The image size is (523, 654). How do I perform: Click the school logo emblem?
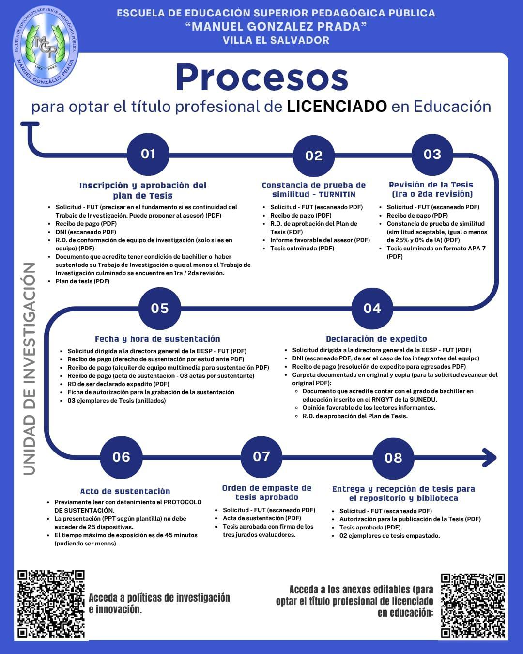coord(46,47)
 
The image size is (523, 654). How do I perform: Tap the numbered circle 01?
coord(148,154)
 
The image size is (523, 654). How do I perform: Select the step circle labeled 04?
coord(372,309)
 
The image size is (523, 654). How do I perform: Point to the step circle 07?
coord(261,457)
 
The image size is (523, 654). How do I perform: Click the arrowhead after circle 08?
coord(490,457)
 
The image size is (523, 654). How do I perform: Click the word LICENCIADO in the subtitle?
coord(337,106)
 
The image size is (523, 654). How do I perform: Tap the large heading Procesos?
coord(261,78)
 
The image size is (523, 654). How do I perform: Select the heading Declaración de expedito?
coord(376,339)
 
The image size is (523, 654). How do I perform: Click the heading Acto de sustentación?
coord(125,491)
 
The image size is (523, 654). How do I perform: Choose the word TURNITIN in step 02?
coord(337,194)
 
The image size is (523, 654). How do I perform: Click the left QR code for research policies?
coord(51,604)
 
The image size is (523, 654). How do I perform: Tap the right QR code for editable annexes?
coord(473,606)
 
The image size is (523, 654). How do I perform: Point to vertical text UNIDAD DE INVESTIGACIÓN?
coord(30,368)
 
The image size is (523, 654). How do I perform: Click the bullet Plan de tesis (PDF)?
coord(82,281)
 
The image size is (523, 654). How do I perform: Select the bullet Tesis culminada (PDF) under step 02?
coord(302,249)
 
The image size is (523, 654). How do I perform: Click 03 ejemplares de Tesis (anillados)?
coord(117,401)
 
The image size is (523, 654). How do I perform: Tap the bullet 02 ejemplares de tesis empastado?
coord(389,536)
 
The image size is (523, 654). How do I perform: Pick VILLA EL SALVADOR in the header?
coord(276,40)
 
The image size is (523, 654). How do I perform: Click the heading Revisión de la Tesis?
coord(431,185)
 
